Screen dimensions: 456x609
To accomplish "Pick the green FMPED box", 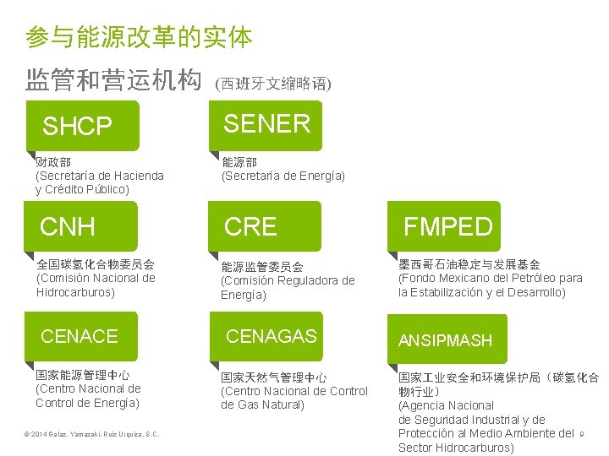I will coord(447,226).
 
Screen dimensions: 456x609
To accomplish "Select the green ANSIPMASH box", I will coord(447,339).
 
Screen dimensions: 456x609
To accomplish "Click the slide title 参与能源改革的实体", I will coord(139,37).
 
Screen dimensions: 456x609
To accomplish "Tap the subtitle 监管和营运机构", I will coord(113,81).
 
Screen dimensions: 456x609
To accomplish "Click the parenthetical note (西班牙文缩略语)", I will coord(273,84).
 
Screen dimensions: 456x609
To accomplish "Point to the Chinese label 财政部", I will coord(53,161).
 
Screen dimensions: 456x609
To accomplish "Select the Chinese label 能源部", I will coord(239,161).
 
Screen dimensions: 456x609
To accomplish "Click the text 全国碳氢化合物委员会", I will coord(96,264).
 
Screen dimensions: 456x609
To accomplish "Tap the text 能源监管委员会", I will coord(261,267).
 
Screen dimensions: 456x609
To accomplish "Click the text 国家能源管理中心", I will coord(83,374).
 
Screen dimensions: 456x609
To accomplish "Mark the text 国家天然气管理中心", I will coord(274,377).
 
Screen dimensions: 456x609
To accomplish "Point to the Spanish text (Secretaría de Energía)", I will coord(283,176).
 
